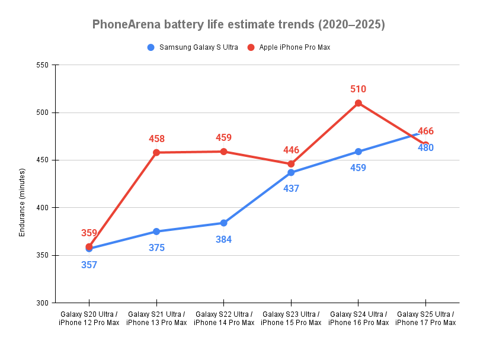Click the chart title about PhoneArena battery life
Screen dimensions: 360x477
click(x=238, y=25)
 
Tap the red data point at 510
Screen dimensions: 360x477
click(x=358, y=103)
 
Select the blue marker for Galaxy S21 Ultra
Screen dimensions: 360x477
click(x=156, y=232)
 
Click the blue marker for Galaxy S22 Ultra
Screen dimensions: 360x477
click(x=224, y=223)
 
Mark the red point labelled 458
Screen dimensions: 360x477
click(x=156, y=153)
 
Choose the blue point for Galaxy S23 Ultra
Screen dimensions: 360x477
click(x=291, y=173)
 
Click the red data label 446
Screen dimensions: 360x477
click(x=291, y=150)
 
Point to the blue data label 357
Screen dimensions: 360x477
click(x=89, y=265)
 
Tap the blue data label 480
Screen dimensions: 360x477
click(x=425, y=148)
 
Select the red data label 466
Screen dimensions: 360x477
click(x=425, y=131)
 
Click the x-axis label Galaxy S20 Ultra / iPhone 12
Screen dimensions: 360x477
click(x=89, y=319)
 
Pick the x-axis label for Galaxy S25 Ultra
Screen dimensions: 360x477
click(x=425, y=319)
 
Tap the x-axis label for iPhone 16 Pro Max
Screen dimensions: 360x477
click(x=358, y=323)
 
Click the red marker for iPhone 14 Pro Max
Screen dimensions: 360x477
click(x=224, y=152)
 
